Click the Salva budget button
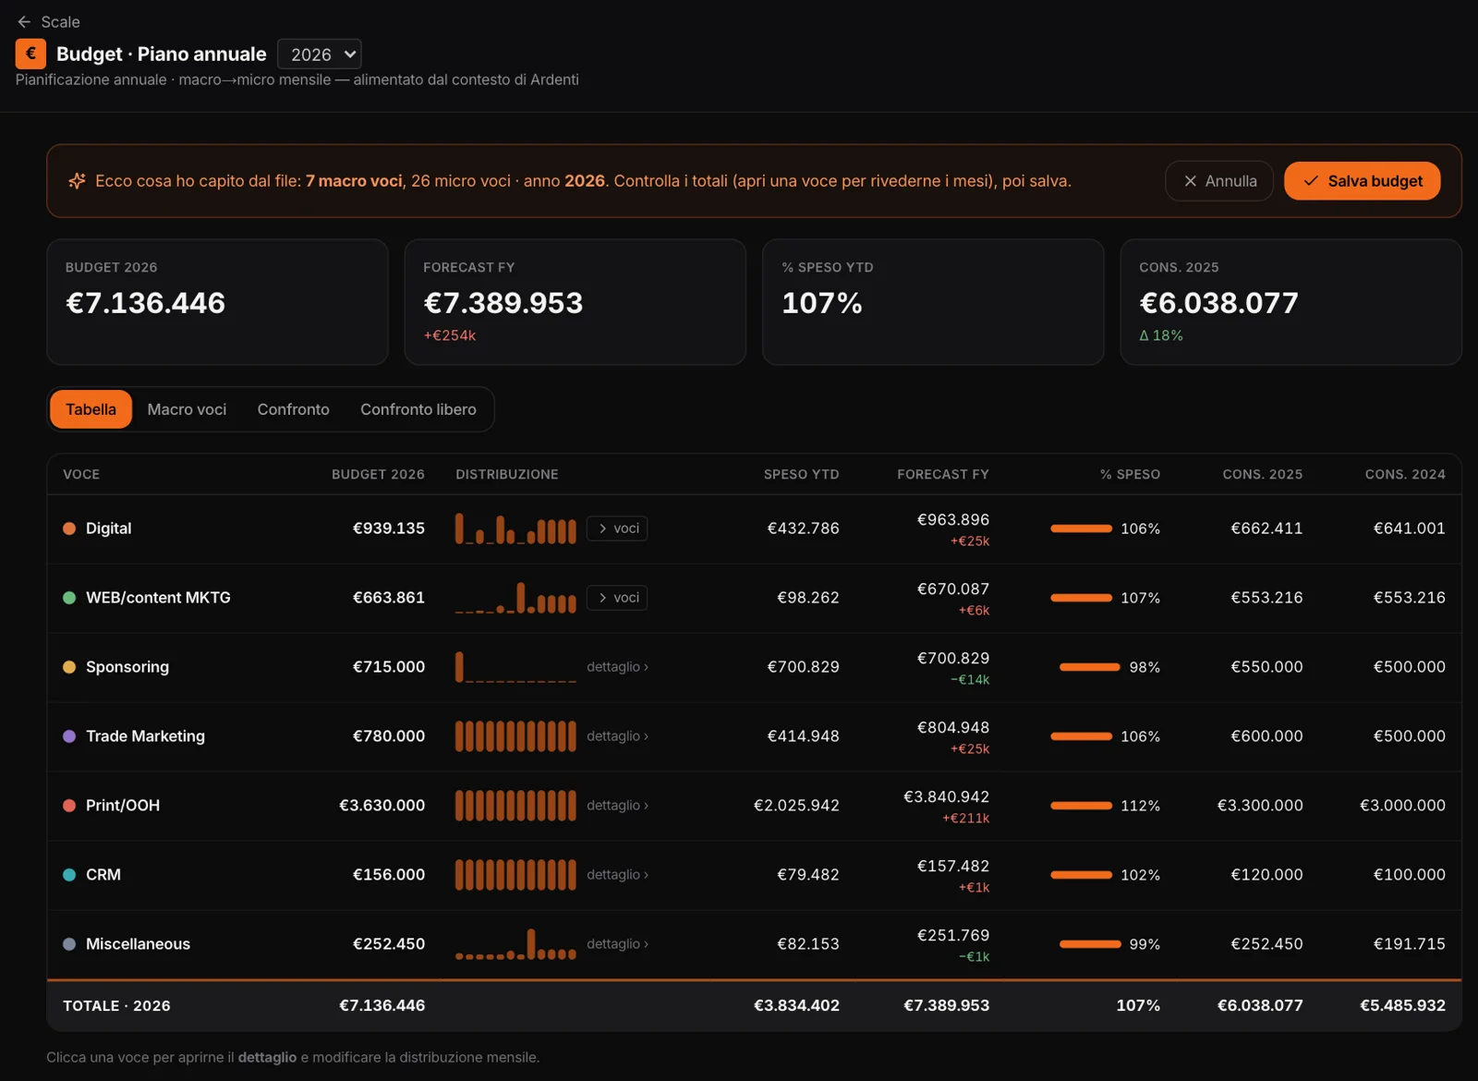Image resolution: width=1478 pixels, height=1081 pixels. click(1362, 181)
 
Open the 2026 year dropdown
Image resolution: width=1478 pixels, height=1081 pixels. click(320, 55)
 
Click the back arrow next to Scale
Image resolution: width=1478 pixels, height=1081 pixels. click(24, 22)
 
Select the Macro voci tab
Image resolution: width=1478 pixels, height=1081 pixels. click(187, 409)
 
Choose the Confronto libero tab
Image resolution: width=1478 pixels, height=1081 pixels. click(418, 409)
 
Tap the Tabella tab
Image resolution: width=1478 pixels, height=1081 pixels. click(91, 409)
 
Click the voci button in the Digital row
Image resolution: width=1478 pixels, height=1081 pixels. click(617, 528)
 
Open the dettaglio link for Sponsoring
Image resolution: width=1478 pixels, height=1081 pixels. click(618, 666)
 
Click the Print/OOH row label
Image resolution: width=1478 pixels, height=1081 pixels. click(123, 805)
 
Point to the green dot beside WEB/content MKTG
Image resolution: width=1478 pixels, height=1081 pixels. click(69, 597)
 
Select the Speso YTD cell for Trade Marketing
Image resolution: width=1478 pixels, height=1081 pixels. click(803, 735)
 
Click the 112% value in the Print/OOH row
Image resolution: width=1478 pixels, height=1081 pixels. click(1140, 805)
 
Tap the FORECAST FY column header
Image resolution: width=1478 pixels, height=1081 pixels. click(943, 474)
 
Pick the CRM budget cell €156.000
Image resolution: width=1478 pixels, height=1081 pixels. click(389, 874)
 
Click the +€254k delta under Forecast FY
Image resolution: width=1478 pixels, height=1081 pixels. click(449, 335)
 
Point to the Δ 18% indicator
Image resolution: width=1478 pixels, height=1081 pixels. click(1161, 335)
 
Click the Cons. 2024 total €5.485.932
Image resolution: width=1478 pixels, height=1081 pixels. click(1403, 1005)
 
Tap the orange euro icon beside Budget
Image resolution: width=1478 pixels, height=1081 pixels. click(31, 55)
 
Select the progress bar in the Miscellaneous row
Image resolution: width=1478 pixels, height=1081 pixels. click(1090, 943)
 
